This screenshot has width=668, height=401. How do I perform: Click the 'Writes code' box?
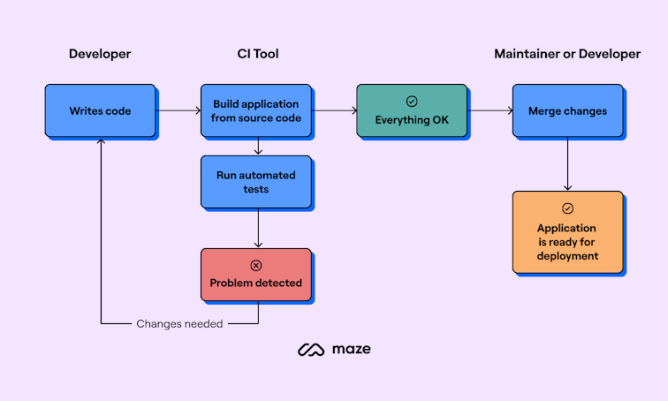[x=100, y=111]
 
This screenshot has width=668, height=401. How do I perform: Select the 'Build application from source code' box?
[x=255, y=111]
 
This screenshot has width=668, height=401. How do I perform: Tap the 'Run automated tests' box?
[x=255, y=182]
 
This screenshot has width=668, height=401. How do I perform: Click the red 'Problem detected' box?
[x=255, y=275]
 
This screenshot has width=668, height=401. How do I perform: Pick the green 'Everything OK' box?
[x=411, y=111]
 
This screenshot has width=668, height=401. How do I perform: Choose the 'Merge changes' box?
[x=567, y=111]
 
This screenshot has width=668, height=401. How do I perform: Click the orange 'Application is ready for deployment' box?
[x=567, y=231]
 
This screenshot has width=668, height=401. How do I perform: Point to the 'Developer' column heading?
[x=100, y=54]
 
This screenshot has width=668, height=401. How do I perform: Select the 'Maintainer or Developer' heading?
[x=567, y=54]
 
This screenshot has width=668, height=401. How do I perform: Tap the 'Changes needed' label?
[x=179, y=324]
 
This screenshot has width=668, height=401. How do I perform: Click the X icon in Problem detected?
[x=256, y=265]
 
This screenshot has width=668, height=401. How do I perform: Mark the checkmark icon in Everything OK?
[x=411, y=102]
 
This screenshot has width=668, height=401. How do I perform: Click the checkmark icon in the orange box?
[x=567, y=208]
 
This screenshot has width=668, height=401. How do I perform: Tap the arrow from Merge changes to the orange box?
[x=567, y=164]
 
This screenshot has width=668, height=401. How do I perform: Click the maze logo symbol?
[x=311, y=350]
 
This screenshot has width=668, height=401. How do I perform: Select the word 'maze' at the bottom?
[x=351, y=350]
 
